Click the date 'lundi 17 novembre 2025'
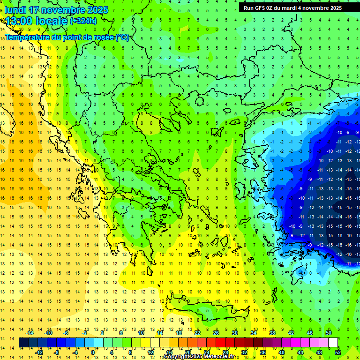pyautogui.click(x=56, y=10)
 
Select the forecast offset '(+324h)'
pyautogui.click(x=83, y=21)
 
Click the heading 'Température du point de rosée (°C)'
pyautogui.click(x=67, y=37)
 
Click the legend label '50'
pyautogui.click(x=329, y=332)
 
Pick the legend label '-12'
pyautogui.click(x=39, y=352)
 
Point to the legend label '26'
pyautogui.click(x=216, y=332)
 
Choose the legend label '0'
pyautogui.click(x=93, y=352)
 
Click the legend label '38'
pyautogui.click(x=272, y=332)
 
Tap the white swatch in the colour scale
pyautogui.click(x=333, y=343)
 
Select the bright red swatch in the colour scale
pyautogui.click(x=221, y=343)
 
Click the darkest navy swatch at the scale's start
pyautogui.click(x=23, y=343)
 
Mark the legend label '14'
pyautogui.click(x=160, y=332)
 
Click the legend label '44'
pyautogui.click(x=300, y=352)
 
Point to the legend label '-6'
pyautogui.click(x=66, y=332)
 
